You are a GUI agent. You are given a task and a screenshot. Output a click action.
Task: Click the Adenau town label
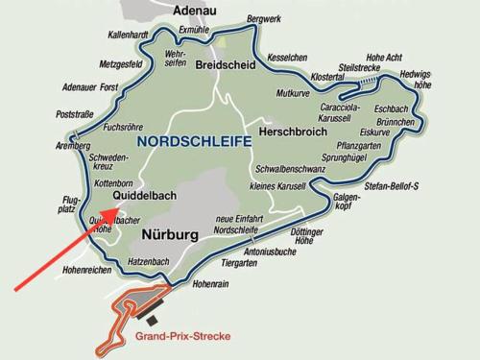click(x=195, y=12)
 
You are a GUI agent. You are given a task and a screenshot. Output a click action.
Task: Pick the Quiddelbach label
click(x=146, y=196)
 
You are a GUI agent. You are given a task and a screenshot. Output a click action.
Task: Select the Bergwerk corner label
click(x=264, y=18)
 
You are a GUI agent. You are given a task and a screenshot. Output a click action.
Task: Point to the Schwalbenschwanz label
click(x=289, y=169)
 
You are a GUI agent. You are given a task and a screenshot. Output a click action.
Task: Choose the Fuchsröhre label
click(x=123, y=126)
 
